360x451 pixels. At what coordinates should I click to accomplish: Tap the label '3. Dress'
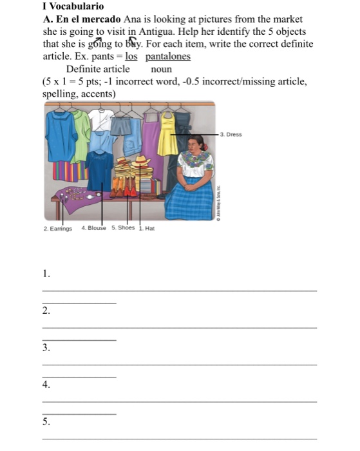click(231, 135)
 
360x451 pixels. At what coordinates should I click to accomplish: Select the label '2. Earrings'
click(57, 229)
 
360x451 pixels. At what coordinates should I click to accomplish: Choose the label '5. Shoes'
click(123, 228)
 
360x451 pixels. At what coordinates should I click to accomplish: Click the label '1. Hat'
click(147, 228)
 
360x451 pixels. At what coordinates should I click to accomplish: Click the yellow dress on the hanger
click(168, 137)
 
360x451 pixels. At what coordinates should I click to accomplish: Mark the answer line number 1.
click(180, 291)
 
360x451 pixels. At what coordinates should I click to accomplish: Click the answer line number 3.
click(180, 365)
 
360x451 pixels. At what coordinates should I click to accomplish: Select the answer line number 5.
click(180, 439)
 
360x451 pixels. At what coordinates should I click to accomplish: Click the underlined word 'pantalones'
click(167, 57)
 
